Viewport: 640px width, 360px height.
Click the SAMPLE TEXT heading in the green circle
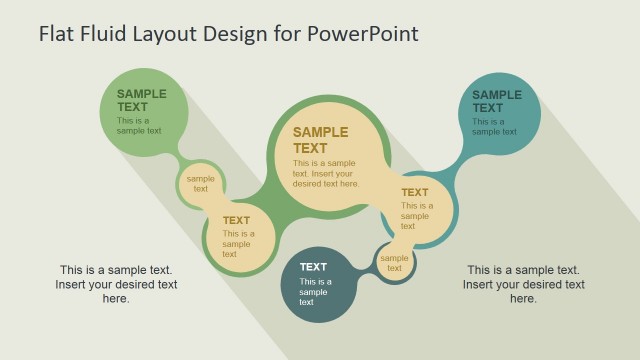coord(141,101)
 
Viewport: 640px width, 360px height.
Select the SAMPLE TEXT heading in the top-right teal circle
coord(497,101)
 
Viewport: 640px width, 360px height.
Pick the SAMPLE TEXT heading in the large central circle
coord(320,140)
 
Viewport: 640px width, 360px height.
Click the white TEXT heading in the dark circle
coord(313,267)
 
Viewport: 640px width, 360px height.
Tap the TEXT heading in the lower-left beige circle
coord(236,221)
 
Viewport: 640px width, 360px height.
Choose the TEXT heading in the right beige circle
coord(415,193)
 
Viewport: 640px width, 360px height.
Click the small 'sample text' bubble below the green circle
coord(201,184)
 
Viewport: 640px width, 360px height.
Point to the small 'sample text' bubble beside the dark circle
coord(394,263)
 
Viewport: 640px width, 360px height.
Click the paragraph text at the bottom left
coord(116,284)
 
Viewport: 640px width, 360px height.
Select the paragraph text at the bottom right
coord(523,284)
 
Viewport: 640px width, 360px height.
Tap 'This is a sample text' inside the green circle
coord(139,126)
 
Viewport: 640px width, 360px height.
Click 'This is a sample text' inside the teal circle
coord(494,126)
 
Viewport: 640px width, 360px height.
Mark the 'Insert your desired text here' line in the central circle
coord(326,179)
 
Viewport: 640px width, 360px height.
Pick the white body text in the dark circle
coord(314,292)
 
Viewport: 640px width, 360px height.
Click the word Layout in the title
coord(161,33)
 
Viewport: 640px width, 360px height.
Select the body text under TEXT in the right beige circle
coord(417,215)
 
